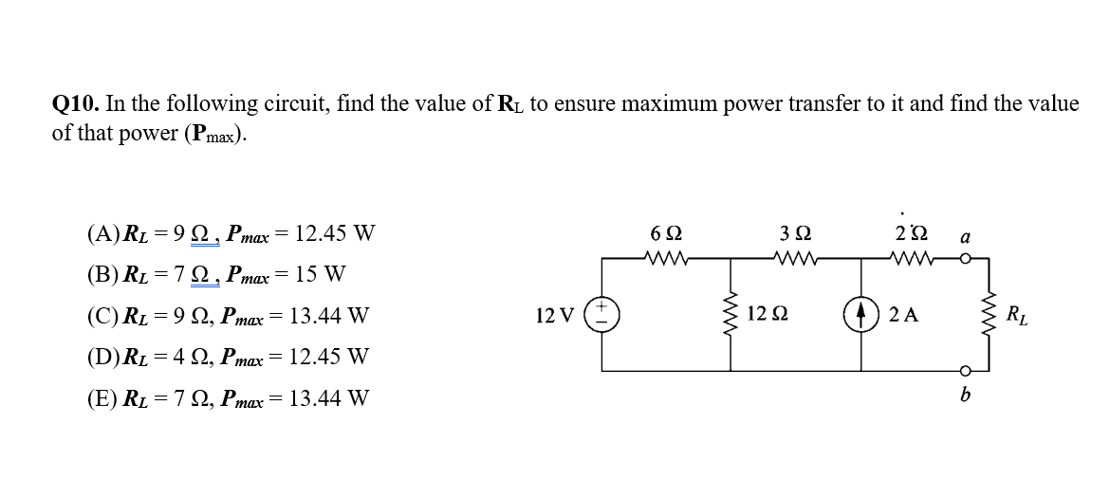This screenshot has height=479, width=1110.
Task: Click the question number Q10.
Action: click(76, 104)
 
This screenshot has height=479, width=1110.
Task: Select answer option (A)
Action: click(102, 232)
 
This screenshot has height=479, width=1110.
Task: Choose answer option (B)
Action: click(102, 275)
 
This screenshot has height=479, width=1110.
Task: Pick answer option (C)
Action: click(102, 316)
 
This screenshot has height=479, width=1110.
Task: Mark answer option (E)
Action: click(102, 398)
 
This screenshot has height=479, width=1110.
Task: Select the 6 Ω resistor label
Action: click(665, 232)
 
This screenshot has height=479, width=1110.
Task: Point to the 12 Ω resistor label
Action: click(766, 314)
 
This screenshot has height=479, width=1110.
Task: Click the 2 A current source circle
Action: click(863, 314)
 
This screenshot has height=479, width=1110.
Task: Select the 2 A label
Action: click(903, 315)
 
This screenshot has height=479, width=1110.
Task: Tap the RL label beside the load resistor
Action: click(1015, 314)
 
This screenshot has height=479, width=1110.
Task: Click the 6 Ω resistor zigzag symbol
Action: click(665, 257)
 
